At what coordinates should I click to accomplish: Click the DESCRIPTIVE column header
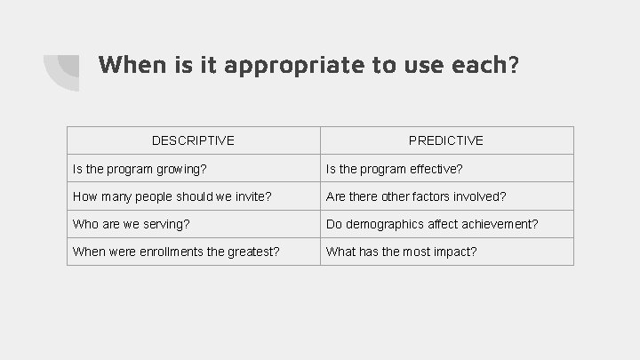point(193,140)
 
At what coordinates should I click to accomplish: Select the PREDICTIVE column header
point(446,140)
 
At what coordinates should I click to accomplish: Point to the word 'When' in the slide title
point(125,64)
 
